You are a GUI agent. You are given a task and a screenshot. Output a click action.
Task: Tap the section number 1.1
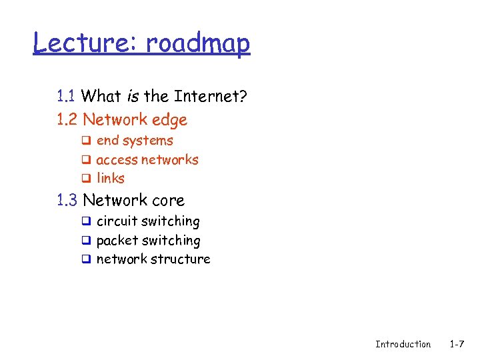(66, 96)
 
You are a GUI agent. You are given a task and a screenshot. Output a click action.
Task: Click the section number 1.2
(67, 120)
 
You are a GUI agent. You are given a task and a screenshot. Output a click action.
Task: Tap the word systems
(148, 141)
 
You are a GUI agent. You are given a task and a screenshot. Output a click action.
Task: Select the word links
(111, 179)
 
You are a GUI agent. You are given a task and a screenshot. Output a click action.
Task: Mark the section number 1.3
(67, 200)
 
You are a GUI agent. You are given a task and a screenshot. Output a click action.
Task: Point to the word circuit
(117, 221)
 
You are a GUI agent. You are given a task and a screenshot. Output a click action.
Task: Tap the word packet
(117, 241)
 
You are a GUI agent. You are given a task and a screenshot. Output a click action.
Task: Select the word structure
(181, 259)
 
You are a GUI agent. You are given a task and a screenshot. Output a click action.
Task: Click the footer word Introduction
(403, 344)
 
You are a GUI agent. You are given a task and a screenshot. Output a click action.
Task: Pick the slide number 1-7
(457, 344)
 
